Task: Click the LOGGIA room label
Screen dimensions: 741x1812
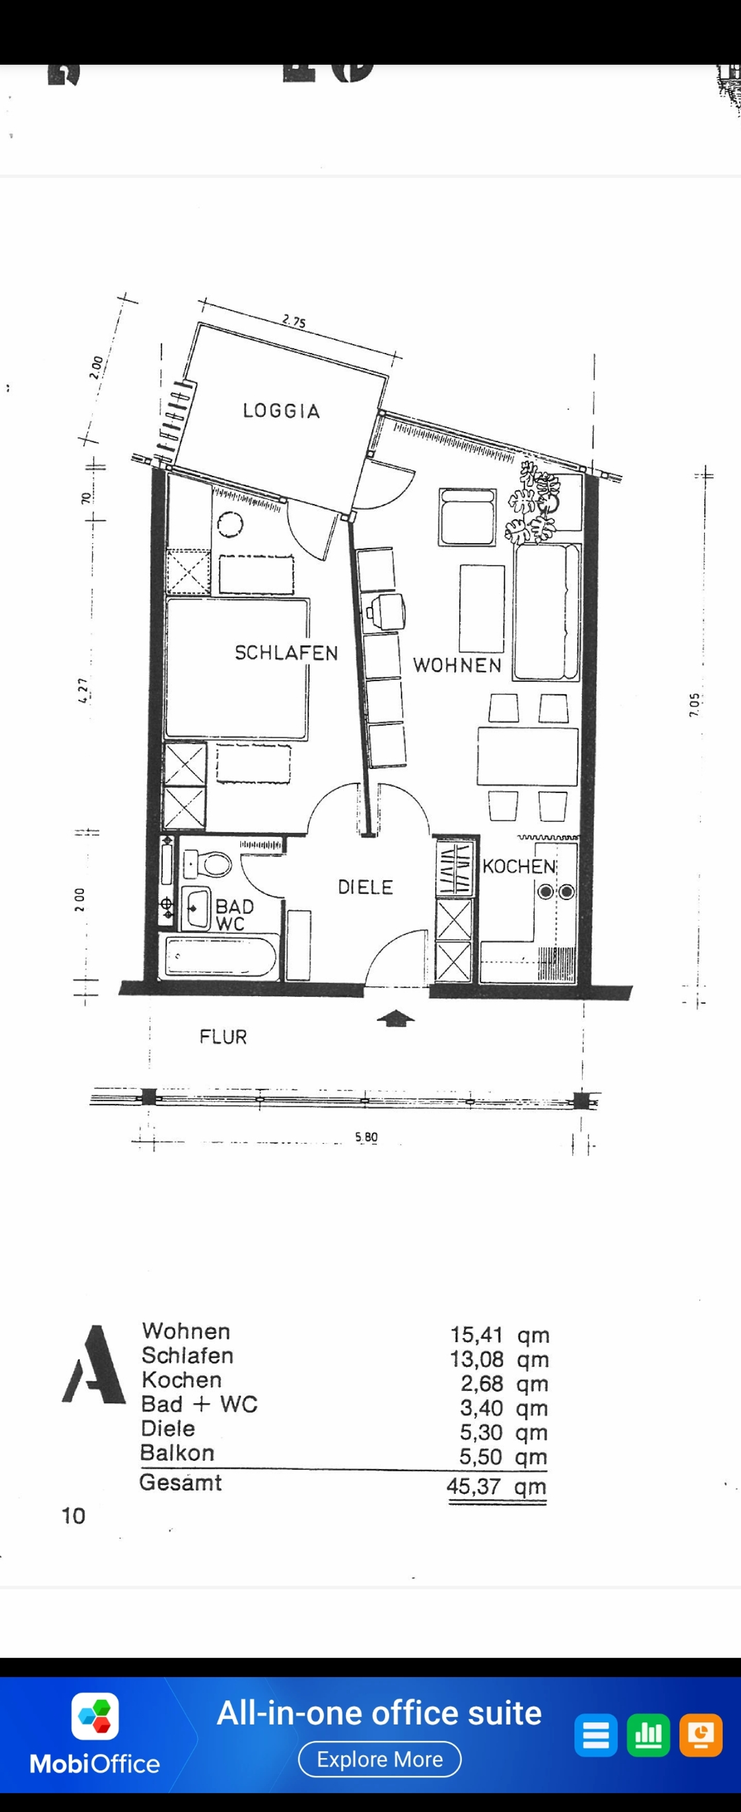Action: pyautogui.click(x=281, y=411)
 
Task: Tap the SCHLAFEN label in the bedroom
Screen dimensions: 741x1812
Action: pyautogui.click(x=286, y=653)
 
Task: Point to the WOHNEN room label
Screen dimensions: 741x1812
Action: pyautogui.click(x=457, y=665)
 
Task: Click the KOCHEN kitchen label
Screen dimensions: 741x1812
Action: pyautogui.click(x=519, y=866)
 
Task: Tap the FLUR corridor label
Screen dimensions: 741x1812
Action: pyautogui.click(x=223, y=1037)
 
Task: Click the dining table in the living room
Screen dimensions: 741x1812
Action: pyautogui.click(x=527, y=756)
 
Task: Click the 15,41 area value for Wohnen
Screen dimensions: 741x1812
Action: pyautogui.click(x=477, y=1334)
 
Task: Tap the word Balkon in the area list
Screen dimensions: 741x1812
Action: pyautogui.click(x=177, y=1453)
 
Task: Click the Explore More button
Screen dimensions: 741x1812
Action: pyautogui.click(x=380, y=1759)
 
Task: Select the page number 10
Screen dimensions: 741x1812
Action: pyautogui.click(x=73, y=1516)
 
